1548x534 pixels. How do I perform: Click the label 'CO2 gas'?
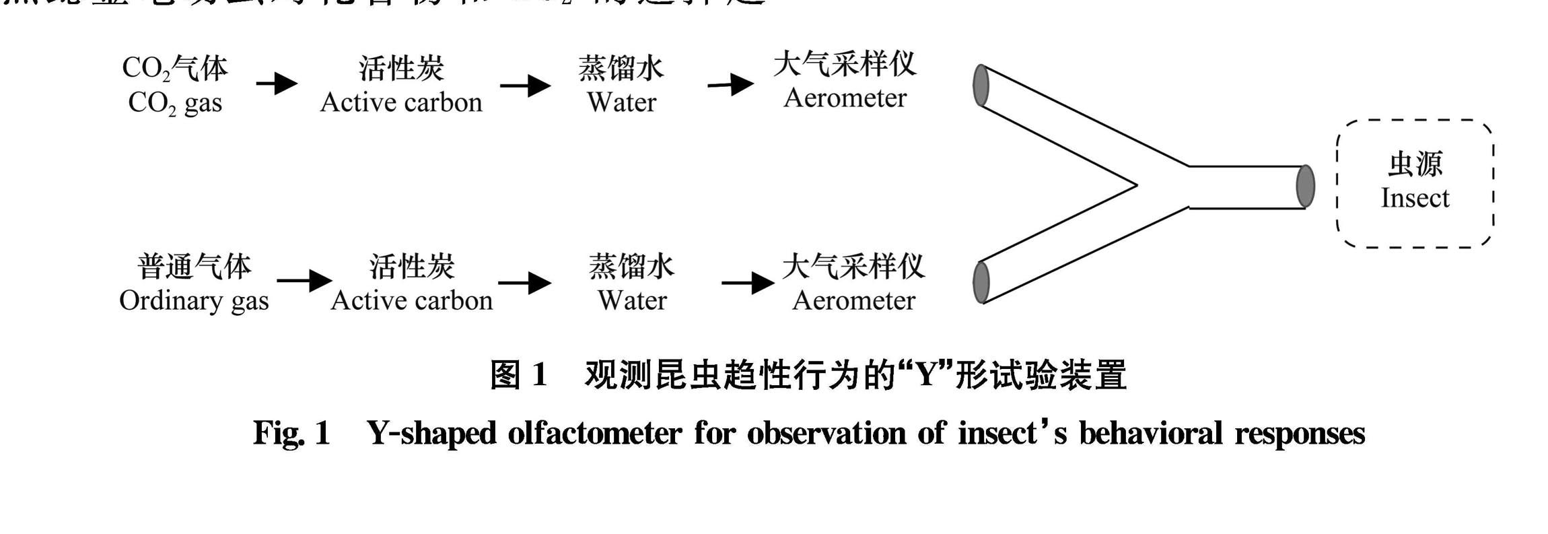coord(175,103)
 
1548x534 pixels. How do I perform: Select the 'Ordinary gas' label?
coord(194,300)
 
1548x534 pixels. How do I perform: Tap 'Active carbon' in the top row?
coord(401,102)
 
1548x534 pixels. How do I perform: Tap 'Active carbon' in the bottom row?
coord(411,300)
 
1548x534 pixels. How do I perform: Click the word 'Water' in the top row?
coord(621,102)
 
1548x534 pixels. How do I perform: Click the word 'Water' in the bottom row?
coord(632,300)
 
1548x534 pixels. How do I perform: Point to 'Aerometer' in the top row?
coord(845,98)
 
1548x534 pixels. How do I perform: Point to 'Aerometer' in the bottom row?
coord(853,300)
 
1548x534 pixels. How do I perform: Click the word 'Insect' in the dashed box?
coord(1415,198)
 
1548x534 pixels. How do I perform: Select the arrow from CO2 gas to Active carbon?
coord(277,84)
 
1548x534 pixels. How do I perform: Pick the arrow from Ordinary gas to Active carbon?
coord(304,280)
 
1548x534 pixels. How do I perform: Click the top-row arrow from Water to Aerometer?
coord(730,85)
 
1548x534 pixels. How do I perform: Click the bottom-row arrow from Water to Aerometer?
coord(747,282)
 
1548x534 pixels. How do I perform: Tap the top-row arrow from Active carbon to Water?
coord(525,86)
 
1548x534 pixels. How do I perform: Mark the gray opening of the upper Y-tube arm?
coord(981,86)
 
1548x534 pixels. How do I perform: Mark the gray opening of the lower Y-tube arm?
coord(981,282)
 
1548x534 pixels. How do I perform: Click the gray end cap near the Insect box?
coord(1305,186)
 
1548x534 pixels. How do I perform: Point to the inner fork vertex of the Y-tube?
coord(1136,185)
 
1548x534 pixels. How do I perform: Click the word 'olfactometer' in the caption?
coord(594,432)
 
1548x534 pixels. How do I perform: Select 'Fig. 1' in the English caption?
coord(291,432)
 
